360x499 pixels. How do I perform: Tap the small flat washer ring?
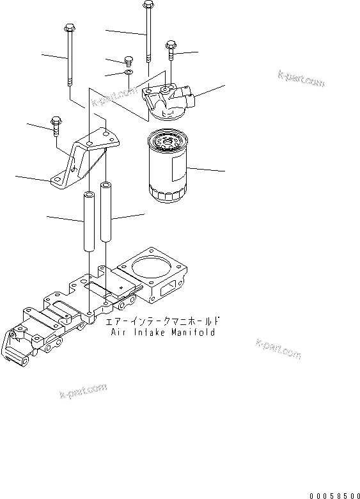pyautogui.click(x=129, y=75)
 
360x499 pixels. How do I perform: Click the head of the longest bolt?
pyautogui.click(x=148, y=6)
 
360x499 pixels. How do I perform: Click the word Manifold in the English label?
pyautogui.click(x=190, y=332)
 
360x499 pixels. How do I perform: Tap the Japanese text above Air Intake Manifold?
pyautogui.click(x=165, y=321)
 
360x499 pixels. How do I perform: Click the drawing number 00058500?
pyautogui.click(x=333, y=495)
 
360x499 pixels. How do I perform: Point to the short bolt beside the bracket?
pyautogui.click(x=55, y=125)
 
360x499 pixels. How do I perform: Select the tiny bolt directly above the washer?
pyautogui.click(x=127, y=61)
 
